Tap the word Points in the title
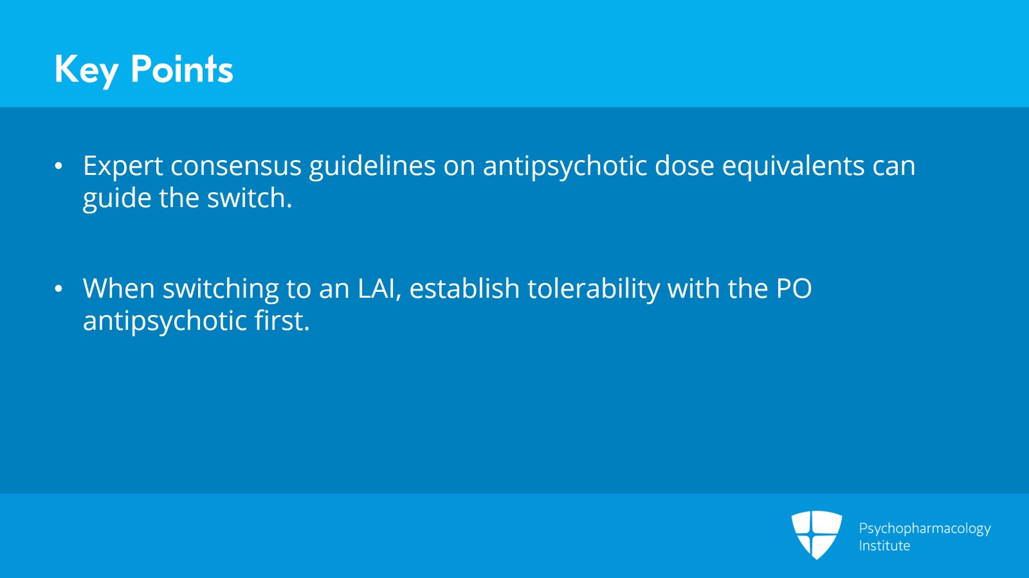181,69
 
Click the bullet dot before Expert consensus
59,167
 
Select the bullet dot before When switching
59,289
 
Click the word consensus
235,167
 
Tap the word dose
684,167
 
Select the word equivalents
793,167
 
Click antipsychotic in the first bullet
565,167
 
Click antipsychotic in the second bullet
165,321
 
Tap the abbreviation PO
794,289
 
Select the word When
118,289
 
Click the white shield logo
816,534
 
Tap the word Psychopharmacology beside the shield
924,528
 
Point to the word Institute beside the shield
884,546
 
